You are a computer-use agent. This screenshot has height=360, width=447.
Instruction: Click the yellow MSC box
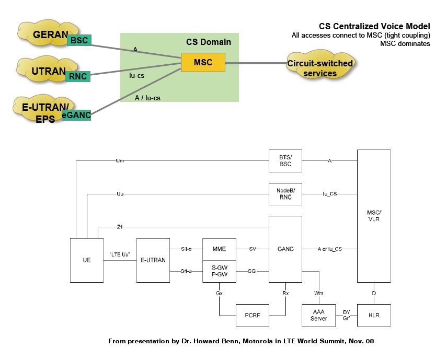click(203, 63)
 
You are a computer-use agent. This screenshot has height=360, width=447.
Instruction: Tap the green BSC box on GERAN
click(79, 40)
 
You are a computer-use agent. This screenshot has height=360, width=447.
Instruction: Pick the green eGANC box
click(76, 115)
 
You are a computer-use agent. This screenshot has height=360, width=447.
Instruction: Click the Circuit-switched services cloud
click(320, 68)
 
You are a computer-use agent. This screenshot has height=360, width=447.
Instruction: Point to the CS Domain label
click(208, 42)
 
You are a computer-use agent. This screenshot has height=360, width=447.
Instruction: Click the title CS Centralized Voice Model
click(374, 26)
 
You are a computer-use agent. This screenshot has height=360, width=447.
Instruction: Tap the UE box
click(87, 260)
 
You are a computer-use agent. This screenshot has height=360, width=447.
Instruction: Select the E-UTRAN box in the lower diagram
click(153, 260)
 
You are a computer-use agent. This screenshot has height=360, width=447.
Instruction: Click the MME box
click(219, 249)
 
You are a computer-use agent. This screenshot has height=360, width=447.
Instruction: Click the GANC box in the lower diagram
click(285, 249)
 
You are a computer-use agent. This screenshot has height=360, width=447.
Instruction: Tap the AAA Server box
click(318, 315)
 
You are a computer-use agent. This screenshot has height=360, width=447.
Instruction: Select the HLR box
click(373, 315)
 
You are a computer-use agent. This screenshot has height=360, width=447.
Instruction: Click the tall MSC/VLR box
click(373, 216)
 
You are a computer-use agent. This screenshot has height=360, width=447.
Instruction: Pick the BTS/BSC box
click(285, 160)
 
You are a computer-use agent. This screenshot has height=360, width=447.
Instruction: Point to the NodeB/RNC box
click(285, 194)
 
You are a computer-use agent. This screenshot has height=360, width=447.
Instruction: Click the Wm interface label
click(318, 293)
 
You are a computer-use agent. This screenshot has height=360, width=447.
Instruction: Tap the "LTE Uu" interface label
click(120, 254)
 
